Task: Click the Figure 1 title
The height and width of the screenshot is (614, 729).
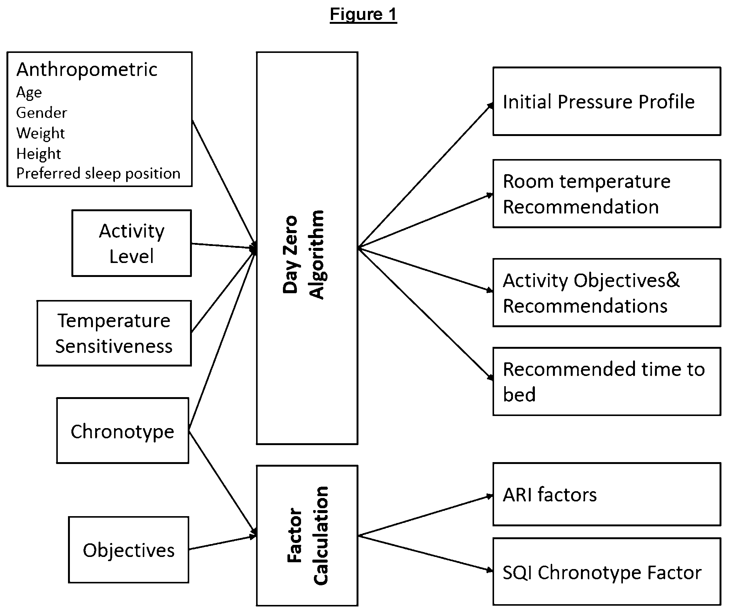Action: pos(363,14)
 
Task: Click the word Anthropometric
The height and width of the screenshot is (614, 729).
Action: pos(87,70)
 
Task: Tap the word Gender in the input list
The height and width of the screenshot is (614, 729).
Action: pos(42,113)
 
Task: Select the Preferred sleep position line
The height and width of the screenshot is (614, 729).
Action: pos(98,173)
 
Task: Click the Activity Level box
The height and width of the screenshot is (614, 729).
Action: pos(132,243)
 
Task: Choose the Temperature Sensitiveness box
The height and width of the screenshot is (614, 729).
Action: pos(114,333)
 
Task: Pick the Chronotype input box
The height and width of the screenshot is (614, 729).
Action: pos(123,430)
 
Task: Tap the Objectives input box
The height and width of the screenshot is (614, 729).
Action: pos(129,550)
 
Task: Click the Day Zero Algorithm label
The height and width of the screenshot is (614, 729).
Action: pos(303,255)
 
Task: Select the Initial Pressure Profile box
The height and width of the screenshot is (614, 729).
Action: pos(607,101)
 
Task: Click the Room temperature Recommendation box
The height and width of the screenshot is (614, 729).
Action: pos(607,194)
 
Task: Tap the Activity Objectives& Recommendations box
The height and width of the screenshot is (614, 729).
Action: pos(607,293)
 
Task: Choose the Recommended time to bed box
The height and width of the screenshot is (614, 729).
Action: pos(607,382)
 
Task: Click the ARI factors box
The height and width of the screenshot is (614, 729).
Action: pos(607,494)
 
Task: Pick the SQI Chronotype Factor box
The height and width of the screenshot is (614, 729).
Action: pos(607,572)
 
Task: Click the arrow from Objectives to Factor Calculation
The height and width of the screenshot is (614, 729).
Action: pos(223,542)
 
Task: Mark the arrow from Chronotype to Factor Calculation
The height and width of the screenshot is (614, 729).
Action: pos(223,483)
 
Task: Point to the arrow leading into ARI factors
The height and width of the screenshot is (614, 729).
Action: pos(426,515)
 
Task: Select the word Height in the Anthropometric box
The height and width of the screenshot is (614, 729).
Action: pos(39,154)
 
